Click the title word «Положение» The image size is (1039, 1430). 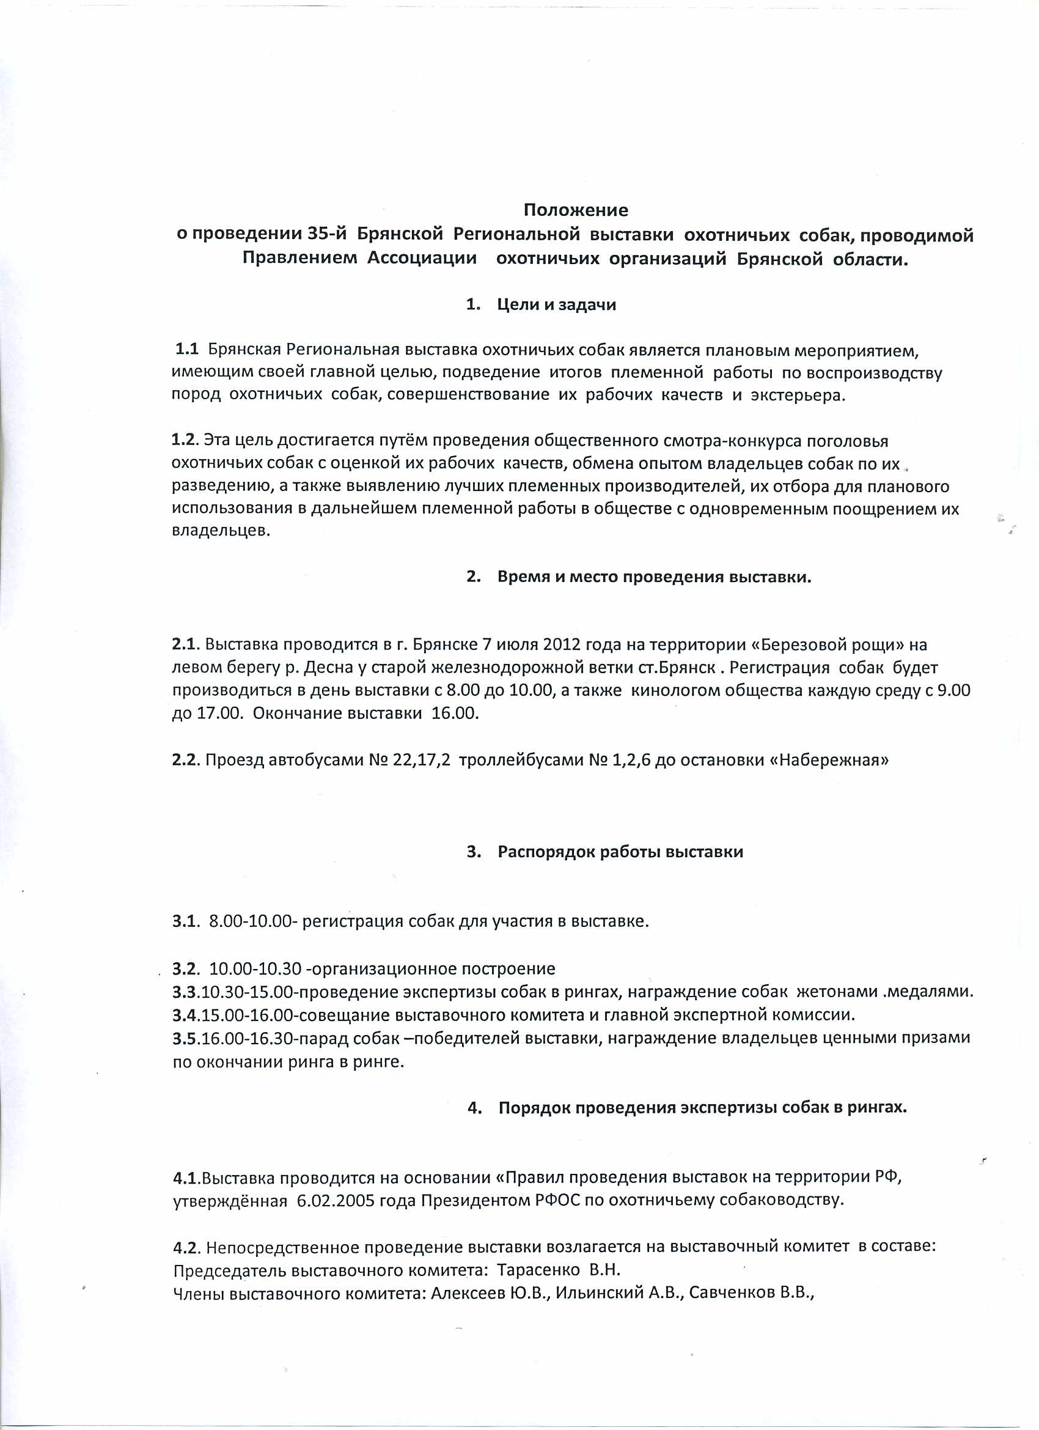576,210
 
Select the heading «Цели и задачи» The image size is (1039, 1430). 557,304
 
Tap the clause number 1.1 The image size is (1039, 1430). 186,349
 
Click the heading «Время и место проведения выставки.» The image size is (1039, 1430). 654,577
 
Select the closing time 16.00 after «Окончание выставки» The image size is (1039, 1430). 455,713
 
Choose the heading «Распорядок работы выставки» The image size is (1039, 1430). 620,852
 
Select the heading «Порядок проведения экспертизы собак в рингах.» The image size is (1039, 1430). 702,1108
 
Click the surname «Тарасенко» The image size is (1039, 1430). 538,1269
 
